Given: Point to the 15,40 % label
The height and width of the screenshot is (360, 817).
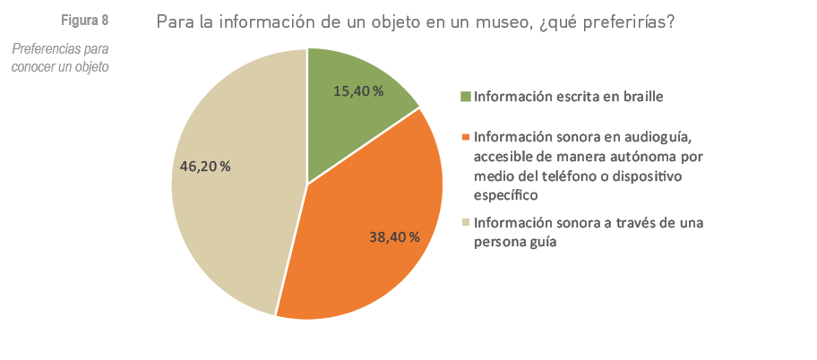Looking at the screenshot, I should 358,91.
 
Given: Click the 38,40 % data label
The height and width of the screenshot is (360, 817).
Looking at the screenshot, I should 394,237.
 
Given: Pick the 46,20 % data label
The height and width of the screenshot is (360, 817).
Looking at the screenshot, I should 205,167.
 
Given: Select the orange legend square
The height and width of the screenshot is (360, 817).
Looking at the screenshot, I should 465,138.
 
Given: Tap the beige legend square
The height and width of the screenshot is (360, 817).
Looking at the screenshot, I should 465,223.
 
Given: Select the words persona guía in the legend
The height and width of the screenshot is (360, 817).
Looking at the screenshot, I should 516,242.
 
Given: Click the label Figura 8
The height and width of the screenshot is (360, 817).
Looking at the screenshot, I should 85,21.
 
